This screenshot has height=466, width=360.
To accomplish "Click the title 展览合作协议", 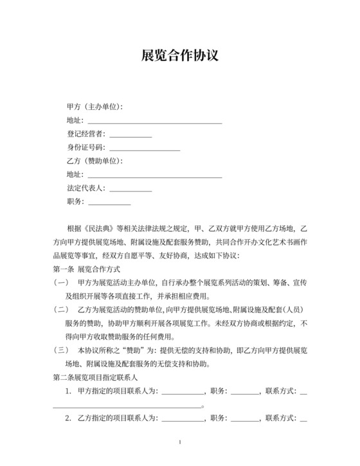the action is point(179,55).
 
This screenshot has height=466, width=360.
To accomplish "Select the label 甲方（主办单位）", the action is point(94,107).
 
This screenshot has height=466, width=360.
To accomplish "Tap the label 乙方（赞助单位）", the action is point(94,161).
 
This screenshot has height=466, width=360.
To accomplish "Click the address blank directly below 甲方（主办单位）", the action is point(154,121).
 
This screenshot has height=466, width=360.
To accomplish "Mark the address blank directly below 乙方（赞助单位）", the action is point(154,175).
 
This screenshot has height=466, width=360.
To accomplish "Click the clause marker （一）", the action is point(61,283).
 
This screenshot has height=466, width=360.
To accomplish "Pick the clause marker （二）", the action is point(61,310).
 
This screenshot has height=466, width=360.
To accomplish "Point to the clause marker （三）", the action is point(61,350).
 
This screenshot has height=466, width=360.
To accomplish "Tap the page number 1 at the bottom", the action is point(180,442).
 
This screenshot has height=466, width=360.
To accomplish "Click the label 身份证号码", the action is point(85,148).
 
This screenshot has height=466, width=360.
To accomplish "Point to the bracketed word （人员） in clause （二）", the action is point(295,310).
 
